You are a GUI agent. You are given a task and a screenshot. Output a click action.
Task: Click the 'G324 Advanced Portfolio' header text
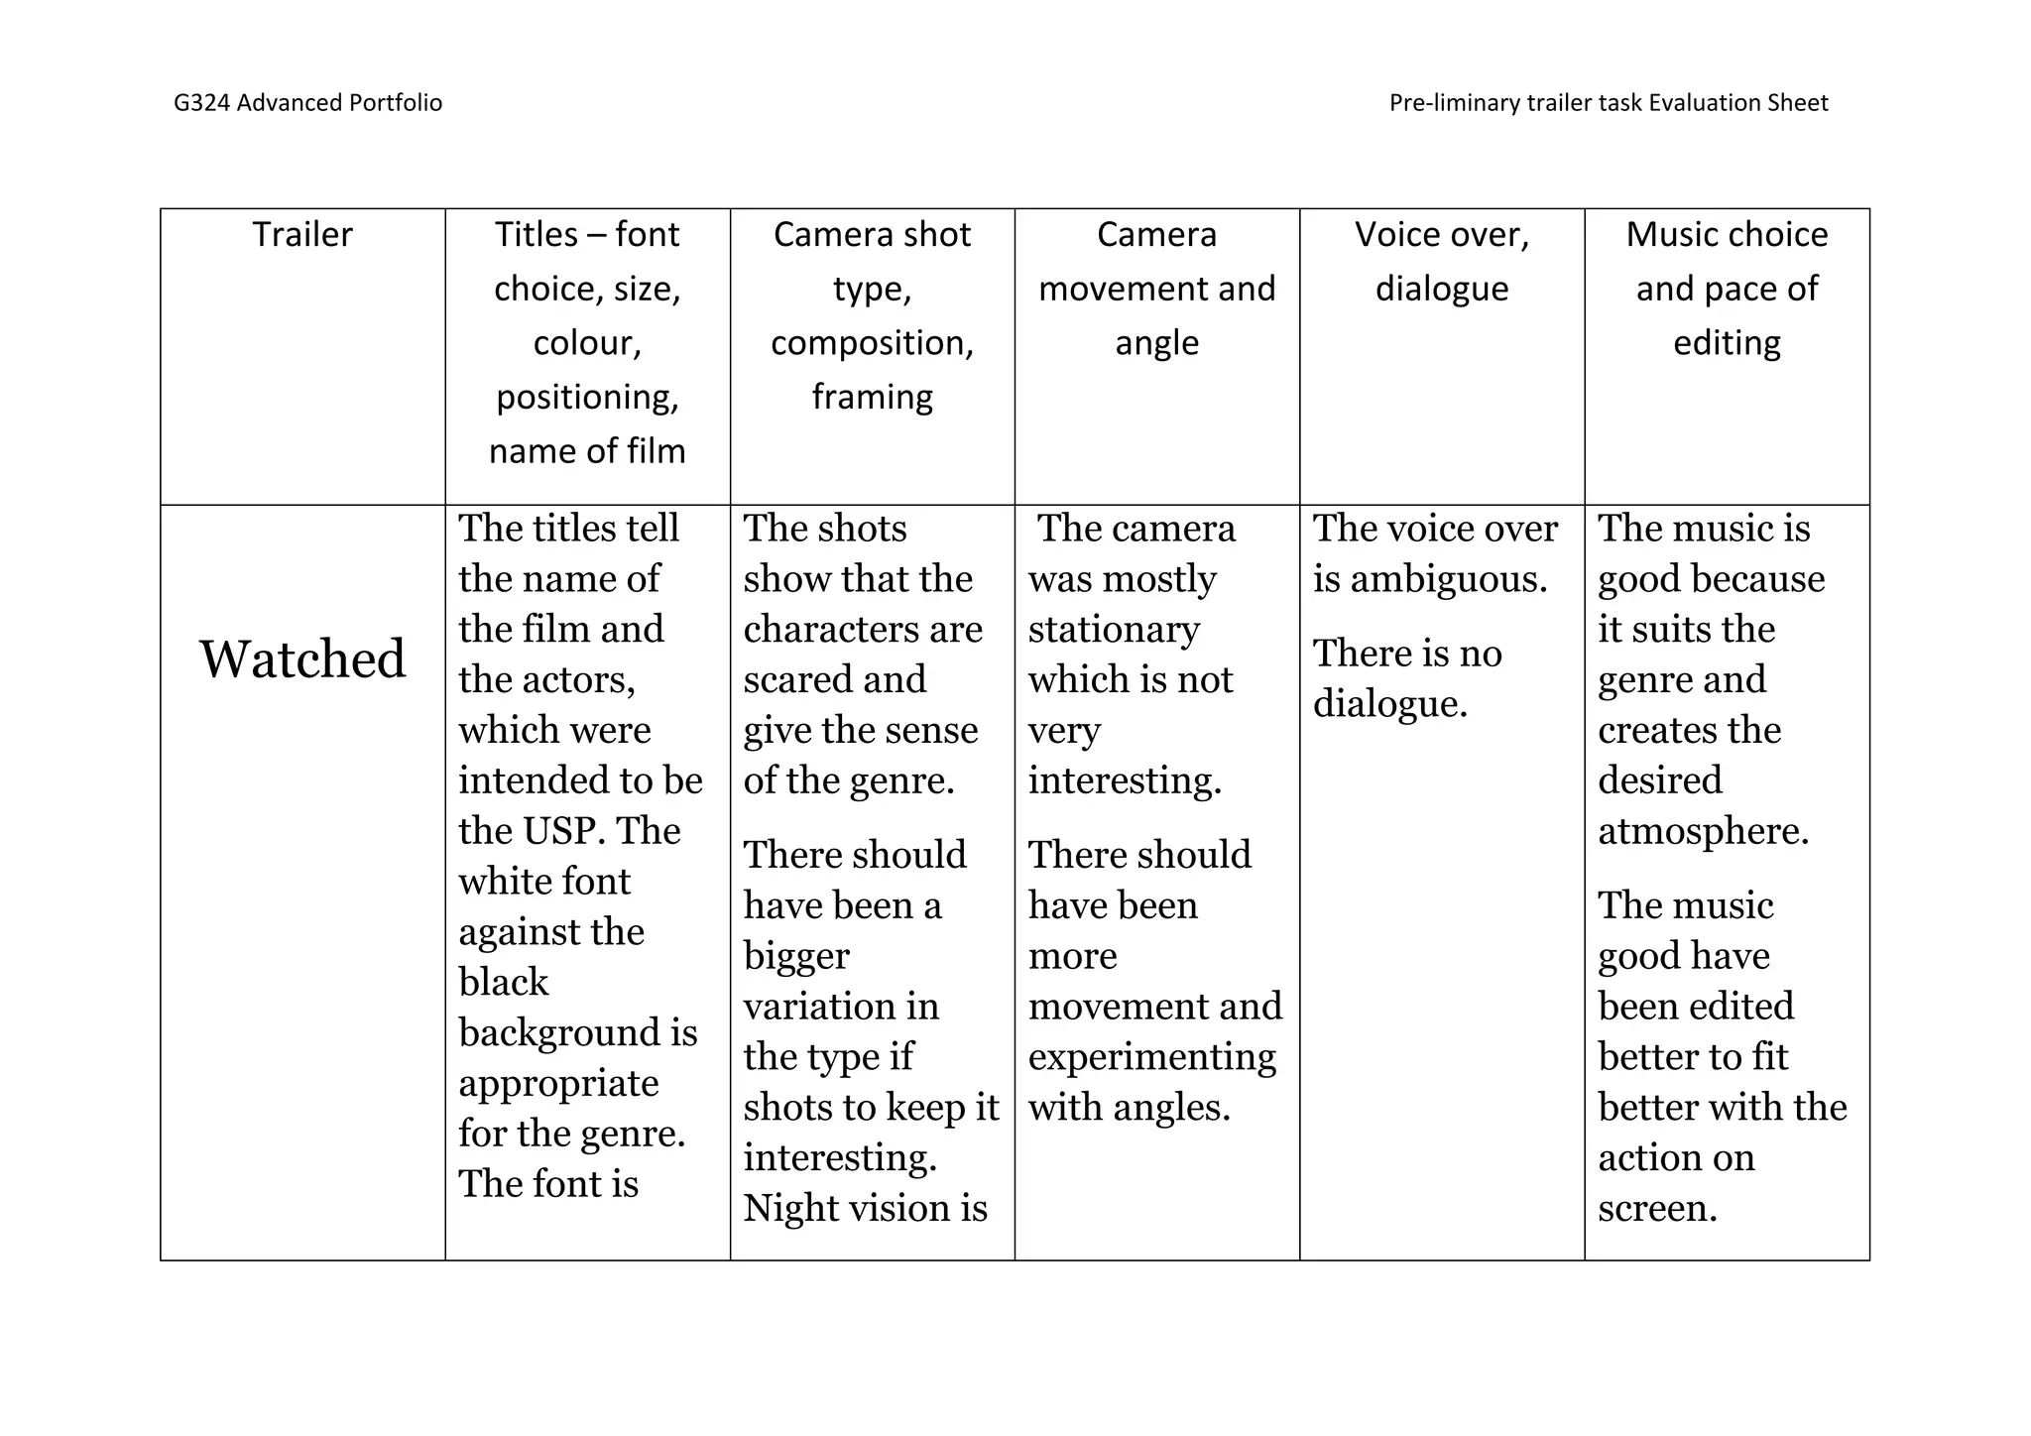pos(307,103)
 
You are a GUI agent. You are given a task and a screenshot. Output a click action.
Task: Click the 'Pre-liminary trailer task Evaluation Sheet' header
pos(1608,103)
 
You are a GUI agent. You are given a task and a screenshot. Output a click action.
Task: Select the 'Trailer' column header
pos(302,235)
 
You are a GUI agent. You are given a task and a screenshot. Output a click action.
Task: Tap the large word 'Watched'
pos(302,658)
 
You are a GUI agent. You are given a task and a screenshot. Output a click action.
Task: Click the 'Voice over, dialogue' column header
pos(1442,262)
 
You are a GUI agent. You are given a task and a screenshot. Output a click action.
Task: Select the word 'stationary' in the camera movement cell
pos(1114,630)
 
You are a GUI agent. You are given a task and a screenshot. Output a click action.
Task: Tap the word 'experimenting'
pos(1151,1057)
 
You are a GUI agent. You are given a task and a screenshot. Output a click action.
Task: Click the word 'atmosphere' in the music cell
pos(1701,831)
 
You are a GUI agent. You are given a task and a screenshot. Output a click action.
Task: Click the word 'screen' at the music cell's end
pos(1654,1208)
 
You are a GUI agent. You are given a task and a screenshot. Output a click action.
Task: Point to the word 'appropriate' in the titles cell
pos(558,1083)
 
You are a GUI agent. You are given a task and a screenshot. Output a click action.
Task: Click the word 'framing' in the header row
pos(873,397)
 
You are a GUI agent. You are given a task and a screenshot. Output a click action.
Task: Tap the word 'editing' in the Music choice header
pos(1727,343)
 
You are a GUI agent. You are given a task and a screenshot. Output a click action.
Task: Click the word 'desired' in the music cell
pos(1659,780)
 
